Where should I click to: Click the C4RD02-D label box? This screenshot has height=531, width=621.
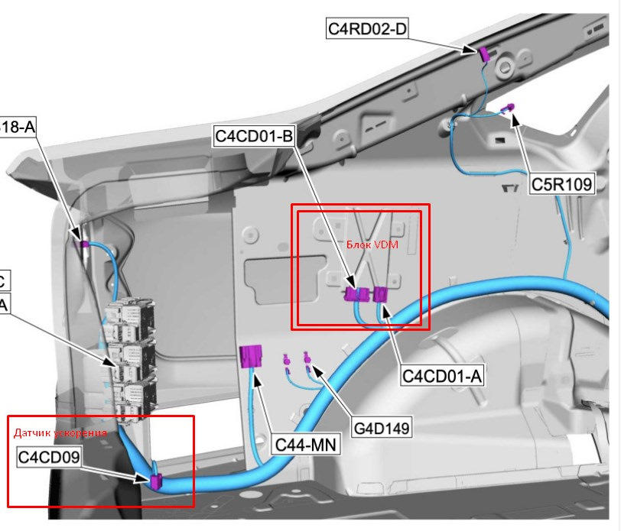(x=366, y=30)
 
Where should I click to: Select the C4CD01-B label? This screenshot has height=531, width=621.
(x=254, y=137)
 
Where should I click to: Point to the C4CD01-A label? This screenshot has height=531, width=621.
(x=444, y=376)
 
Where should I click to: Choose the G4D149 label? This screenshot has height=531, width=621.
(x=382, y=427)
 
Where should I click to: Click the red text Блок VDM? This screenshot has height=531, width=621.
(x=368, y=244)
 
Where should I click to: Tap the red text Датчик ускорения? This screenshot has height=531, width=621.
(x=60, y=432)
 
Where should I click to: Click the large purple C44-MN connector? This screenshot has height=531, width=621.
(x=252, y=357)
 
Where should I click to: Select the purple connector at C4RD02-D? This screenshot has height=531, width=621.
(x=483, y=53)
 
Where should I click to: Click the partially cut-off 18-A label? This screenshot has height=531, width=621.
(x=18, y=127)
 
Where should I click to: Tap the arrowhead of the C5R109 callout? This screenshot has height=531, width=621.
(x=515, y=116)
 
